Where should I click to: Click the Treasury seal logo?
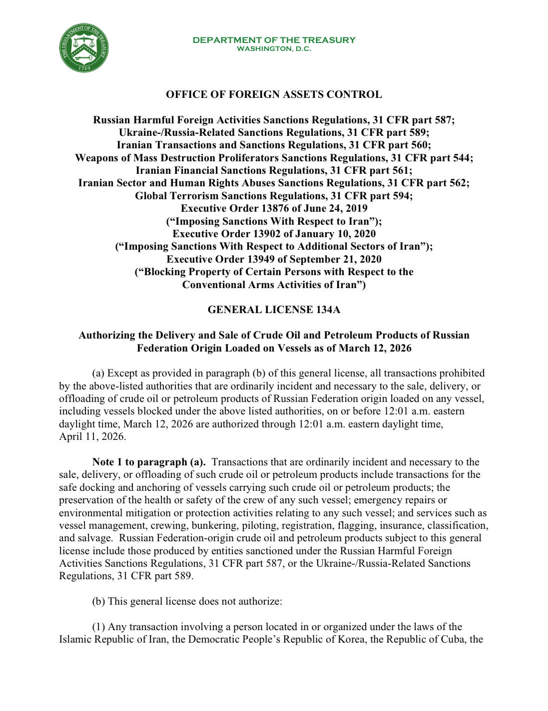pyautogui.click(x=84, y=48)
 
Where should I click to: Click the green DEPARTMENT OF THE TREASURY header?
pyautogui.click(x=274, y=40)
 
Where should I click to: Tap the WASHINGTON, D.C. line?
pyautogui.click(x=274, y=49)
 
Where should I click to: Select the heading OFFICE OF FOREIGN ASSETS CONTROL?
pyautogui.click(x=274, y=94)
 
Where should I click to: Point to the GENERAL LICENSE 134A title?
pyautogui.click(x=274, y=310)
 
